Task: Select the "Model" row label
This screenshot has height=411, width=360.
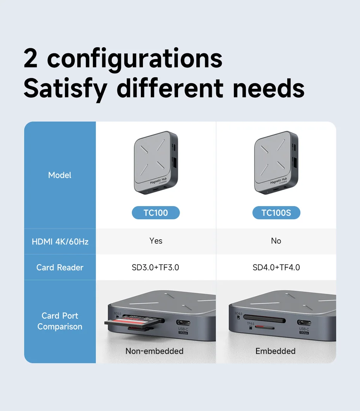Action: [x=60, y=175]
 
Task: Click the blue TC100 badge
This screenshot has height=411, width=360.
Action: [x=156, y=213]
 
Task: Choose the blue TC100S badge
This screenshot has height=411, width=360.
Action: [x=276, y=213]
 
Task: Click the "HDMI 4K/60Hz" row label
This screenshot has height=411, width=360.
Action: [x=60, y=242]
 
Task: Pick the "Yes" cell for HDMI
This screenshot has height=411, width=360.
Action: [x=156, y=241]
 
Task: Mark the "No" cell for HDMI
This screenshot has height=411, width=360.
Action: [x=276, y=241]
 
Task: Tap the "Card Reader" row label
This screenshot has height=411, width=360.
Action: [x=60, y=268]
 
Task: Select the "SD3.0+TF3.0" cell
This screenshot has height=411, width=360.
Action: [x=156, y=268]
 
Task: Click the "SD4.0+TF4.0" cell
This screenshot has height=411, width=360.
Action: [x=276, y=268]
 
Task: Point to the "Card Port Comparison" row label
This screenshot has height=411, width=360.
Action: [x=60, y=321]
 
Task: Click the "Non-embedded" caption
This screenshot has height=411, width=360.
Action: [x=154, y=351]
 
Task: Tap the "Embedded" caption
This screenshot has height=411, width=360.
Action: [x=275, y=351]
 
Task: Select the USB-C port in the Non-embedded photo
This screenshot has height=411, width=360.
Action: [x=183, y=322]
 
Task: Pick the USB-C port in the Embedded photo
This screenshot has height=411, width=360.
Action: [x=304, y=322]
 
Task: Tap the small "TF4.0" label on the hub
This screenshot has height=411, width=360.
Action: [x=250, y=323]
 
